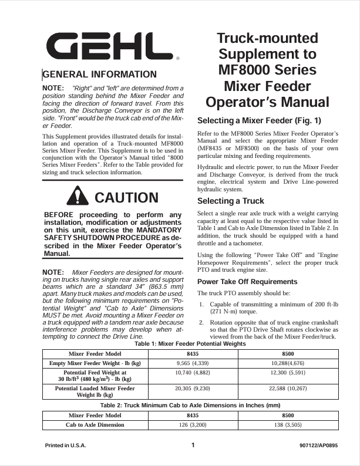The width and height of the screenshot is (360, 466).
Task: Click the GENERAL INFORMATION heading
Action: click(x=100, y=75)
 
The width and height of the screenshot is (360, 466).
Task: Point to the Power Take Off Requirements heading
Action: click(x=247, y=282)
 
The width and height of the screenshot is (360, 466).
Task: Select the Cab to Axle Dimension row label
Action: click(x=95, y=424)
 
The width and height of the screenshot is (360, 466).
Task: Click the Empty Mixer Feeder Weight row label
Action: click(x=95, y=364)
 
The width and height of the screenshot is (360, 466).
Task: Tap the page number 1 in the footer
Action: click(x=193, y=445)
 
